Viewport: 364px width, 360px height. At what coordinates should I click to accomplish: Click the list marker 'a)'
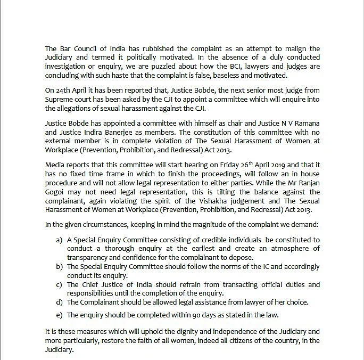click(59, 240)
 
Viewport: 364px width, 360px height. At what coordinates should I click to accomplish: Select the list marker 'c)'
click(59, 284)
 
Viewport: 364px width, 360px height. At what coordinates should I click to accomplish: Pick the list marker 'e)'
click(59, 315)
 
